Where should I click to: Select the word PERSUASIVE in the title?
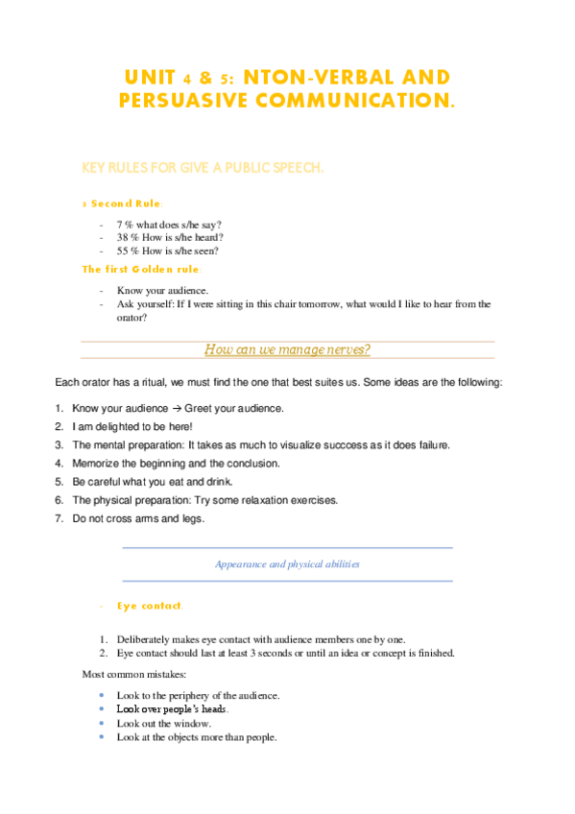[181, 99]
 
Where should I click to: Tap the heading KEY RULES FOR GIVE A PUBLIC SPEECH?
[203, 168]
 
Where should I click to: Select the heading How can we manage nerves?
[287, 349]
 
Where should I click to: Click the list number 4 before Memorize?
[59, 463]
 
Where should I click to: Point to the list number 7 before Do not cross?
[59, 518]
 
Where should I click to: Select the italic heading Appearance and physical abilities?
[287, 564]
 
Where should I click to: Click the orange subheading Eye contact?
[149, 606]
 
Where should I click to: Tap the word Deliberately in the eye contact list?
[147, 638]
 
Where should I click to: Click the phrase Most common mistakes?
[128, 675]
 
